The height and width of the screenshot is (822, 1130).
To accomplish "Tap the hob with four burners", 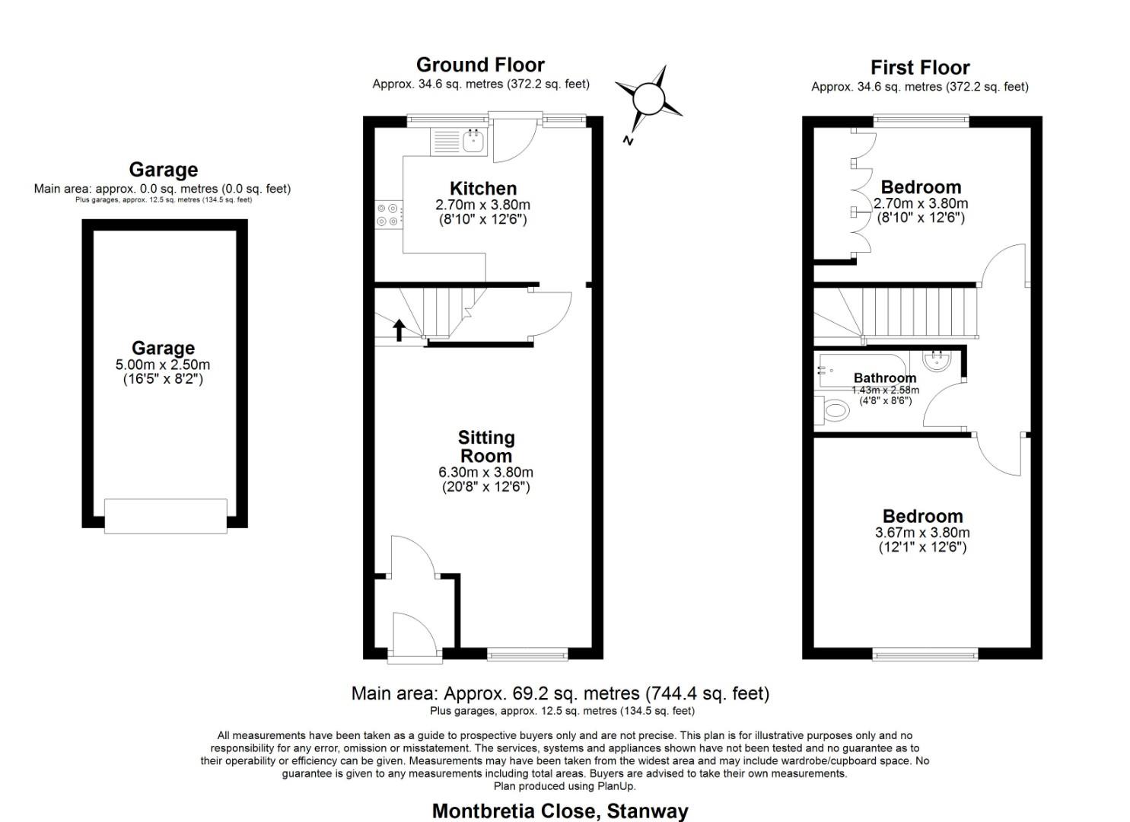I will point(388,214).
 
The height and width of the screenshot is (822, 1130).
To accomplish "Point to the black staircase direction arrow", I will point(399,330).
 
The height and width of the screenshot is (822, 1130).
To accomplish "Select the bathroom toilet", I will point(832,412).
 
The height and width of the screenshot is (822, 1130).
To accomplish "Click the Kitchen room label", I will point(483,188).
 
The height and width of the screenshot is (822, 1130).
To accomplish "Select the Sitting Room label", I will point(486,447).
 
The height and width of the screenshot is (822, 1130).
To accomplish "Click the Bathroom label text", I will point(885,378).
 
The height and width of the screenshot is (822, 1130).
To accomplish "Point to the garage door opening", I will point(165,515).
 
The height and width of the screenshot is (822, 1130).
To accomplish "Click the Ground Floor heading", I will point(480,65).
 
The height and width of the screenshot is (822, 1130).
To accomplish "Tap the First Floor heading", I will point(920,67).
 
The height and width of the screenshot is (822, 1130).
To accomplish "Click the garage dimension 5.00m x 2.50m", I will point(163,365).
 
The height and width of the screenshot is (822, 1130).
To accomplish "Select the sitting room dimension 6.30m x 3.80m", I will point(485,473).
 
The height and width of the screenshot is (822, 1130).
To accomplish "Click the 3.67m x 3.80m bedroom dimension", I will point(923,533).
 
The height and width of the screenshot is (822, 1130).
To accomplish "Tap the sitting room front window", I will point(527,653).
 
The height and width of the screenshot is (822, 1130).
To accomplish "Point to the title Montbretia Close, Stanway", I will point(559,811).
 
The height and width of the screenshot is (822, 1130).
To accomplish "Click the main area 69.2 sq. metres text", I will point(560,693).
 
